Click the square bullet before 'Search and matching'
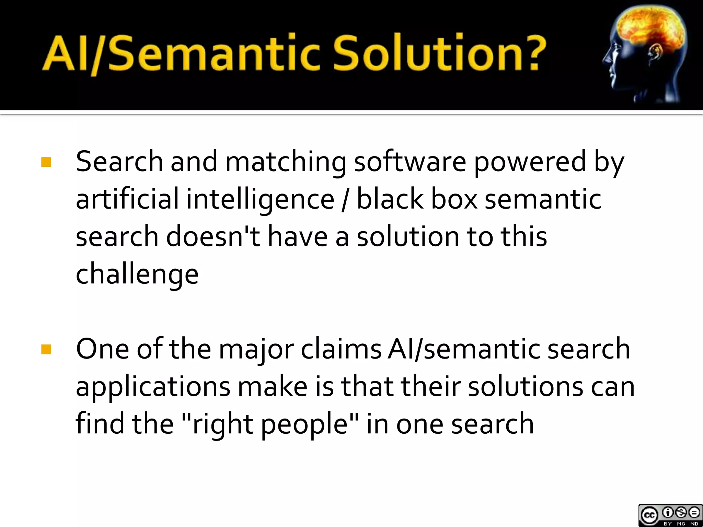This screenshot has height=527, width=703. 46,162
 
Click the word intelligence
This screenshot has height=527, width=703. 260,200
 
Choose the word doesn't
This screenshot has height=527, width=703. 213,237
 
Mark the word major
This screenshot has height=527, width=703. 256,350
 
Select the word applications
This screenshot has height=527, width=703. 153,388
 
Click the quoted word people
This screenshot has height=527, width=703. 305,425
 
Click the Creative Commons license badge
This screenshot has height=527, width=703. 670,515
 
